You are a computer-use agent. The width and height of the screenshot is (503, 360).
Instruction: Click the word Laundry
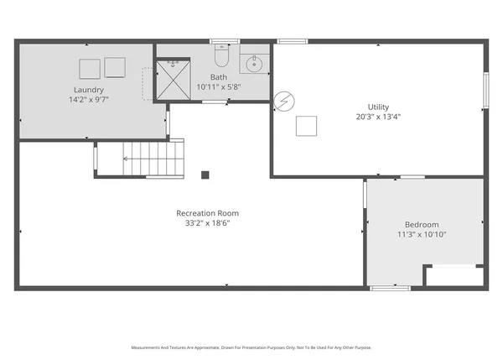(88, 90)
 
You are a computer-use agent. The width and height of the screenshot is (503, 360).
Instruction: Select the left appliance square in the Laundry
(89, 67)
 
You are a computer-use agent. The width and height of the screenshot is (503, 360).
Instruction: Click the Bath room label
(218, 77)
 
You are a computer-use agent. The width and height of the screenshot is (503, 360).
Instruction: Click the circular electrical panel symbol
(285, 101)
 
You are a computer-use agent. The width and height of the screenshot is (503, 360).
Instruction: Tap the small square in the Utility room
(306, 125)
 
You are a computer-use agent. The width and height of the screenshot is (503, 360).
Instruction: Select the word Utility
(378, 107)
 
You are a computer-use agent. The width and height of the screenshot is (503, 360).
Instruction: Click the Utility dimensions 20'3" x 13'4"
(378, 117)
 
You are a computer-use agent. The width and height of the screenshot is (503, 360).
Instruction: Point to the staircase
(151, 158)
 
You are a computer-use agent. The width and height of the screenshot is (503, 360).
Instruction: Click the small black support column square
(205, 175)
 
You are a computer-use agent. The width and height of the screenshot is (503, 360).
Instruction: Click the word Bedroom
(422, 224)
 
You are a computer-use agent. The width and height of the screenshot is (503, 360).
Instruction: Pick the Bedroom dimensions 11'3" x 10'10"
(422, 235)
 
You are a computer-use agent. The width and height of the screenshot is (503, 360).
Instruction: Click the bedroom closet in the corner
(454, 276)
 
